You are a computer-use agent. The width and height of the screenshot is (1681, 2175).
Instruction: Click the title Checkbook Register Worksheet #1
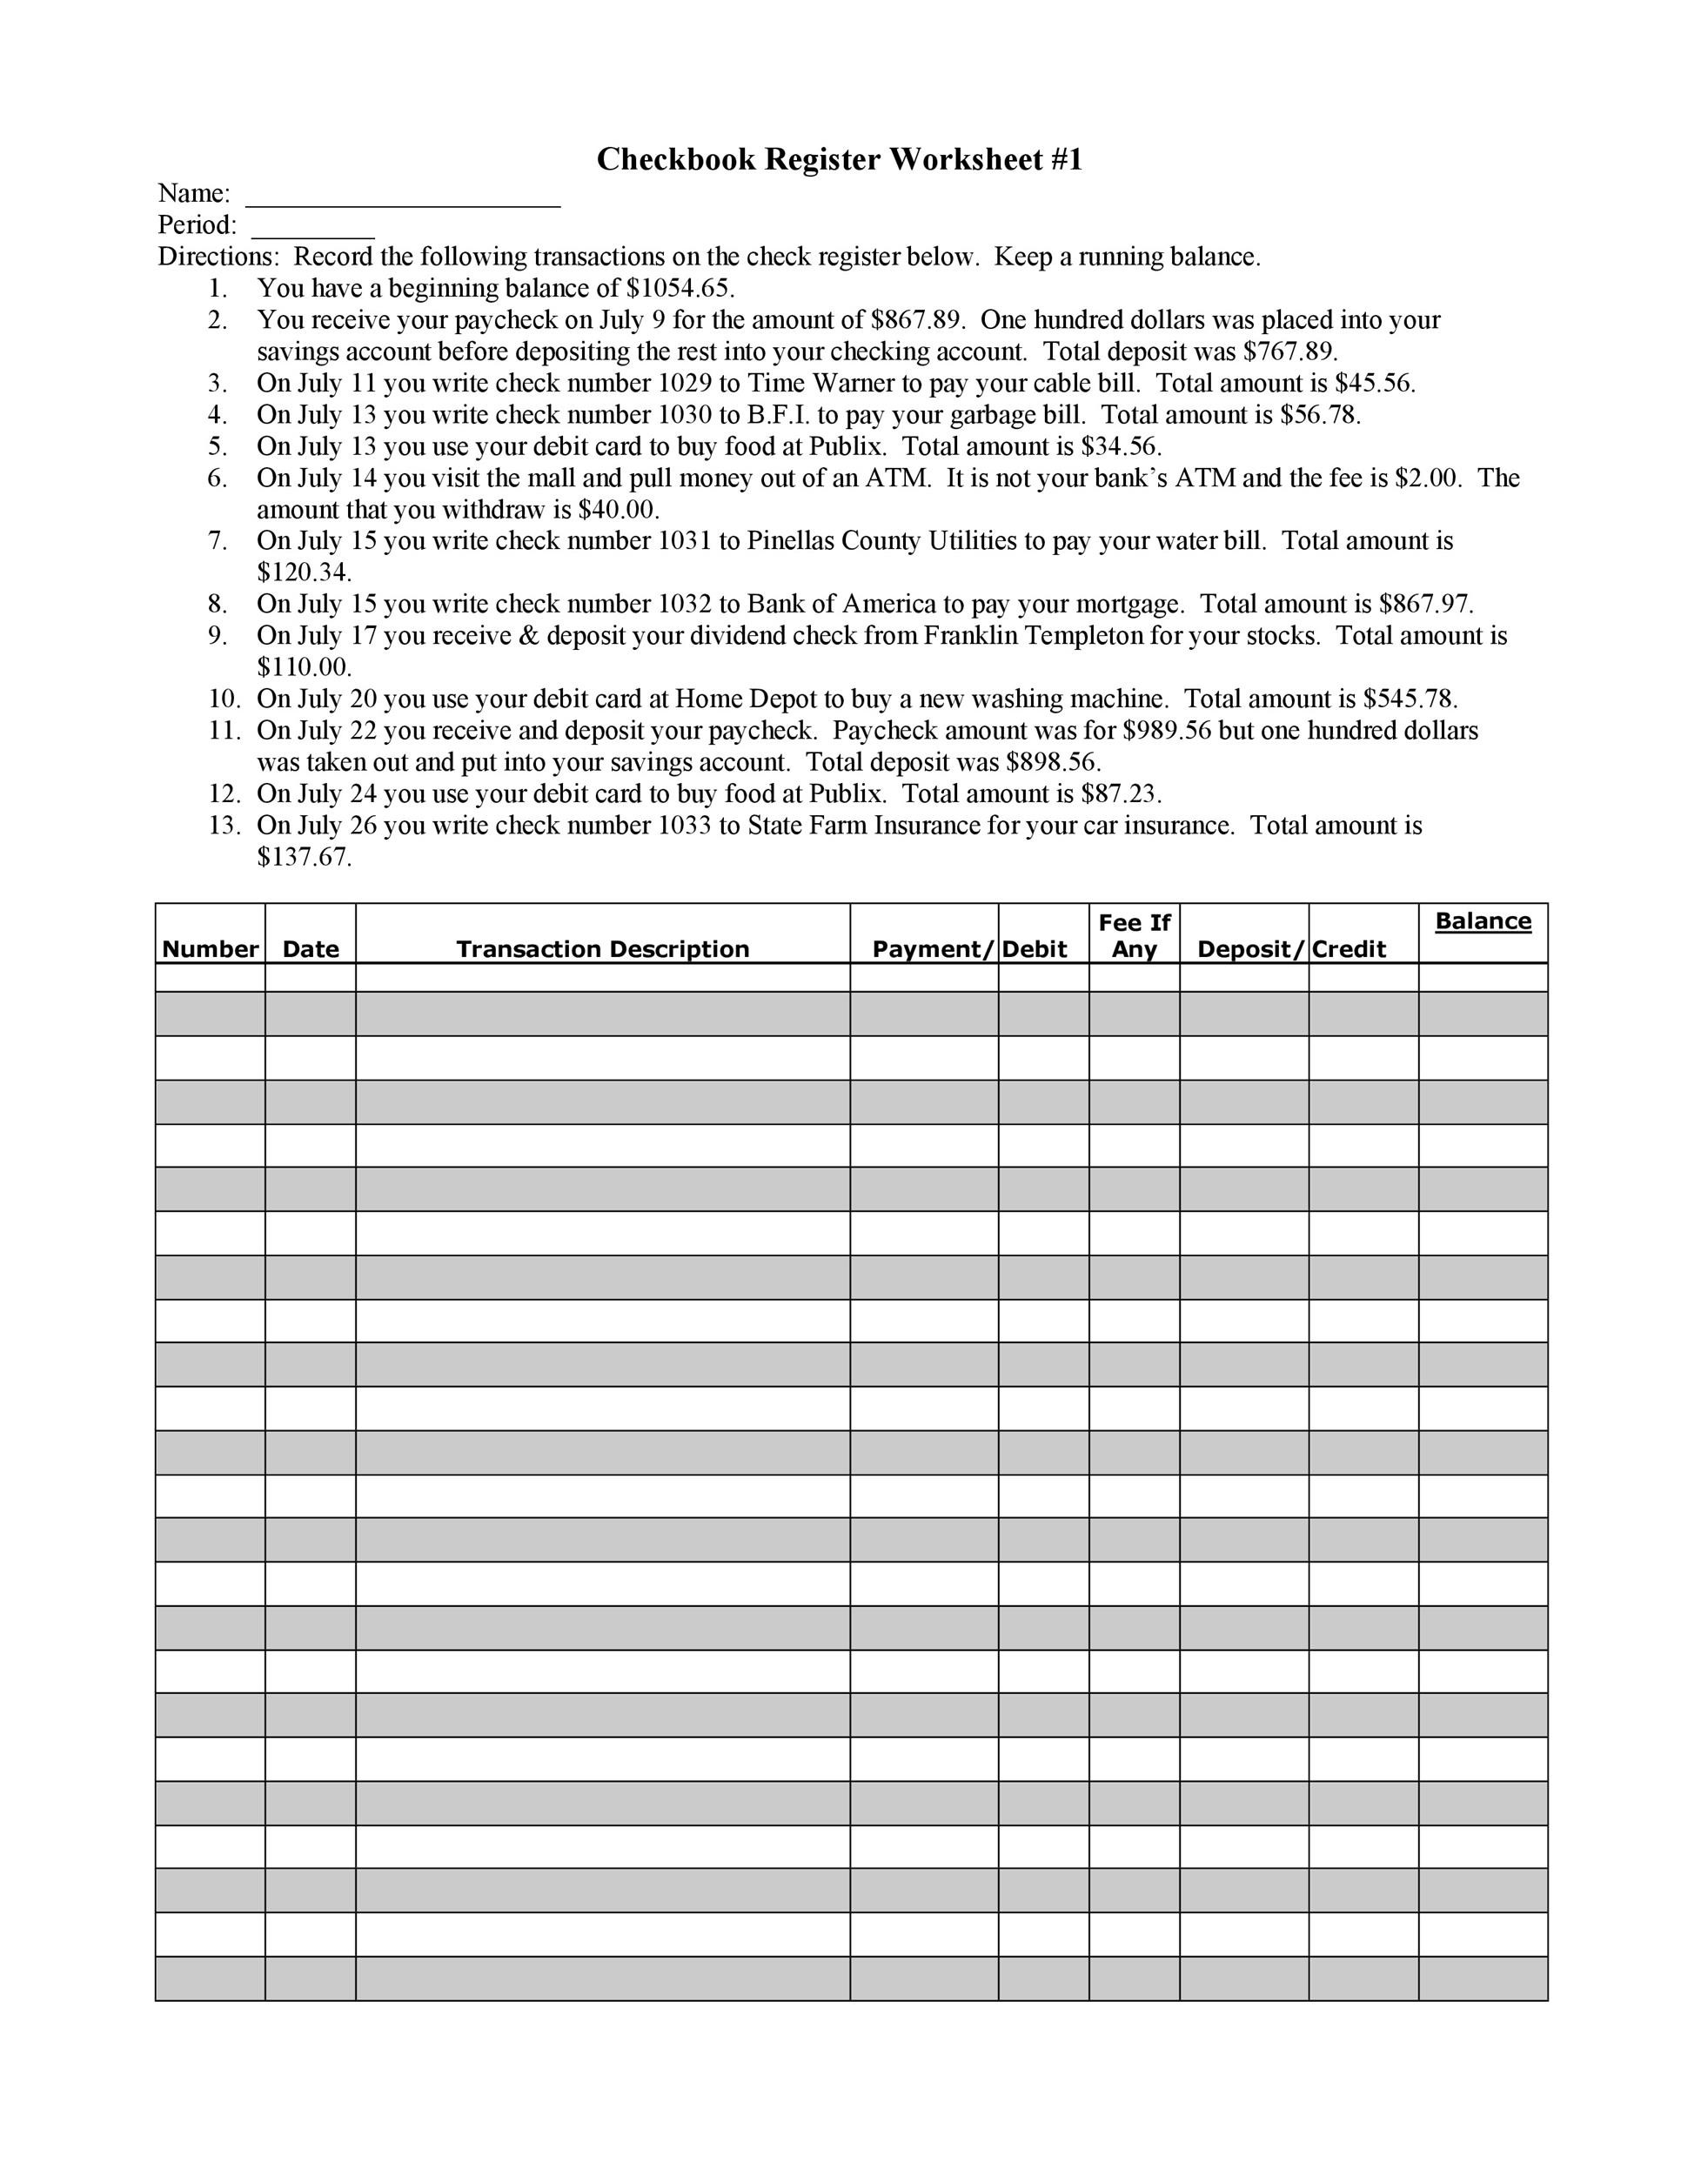839,159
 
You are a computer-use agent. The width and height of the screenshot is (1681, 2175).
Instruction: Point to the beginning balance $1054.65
680,289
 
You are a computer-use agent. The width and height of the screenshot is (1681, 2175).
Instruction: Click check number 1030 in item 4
684,415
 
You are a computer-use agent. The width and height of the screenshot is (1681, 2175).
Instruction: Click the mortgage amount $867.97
1425,605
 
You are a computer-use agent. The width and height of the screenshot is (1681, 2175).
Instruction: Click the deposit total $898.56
1053,763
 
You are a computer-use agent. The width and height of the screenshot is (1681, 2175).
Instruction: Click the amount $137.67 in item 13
304,858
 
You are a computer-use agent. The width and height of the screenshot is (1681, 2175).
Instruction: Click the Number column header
211,949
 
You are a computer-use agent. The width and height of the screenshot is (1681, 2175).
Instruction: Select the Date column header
311,949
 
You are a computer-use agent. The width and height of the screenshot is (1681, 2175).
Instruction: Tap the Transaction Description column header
602,949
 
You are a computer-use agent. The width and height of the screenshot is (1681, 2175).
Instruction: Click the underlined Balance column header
1482,921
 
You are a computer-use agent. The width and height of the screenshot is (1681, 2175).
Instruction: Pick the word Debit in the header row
1034,949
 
